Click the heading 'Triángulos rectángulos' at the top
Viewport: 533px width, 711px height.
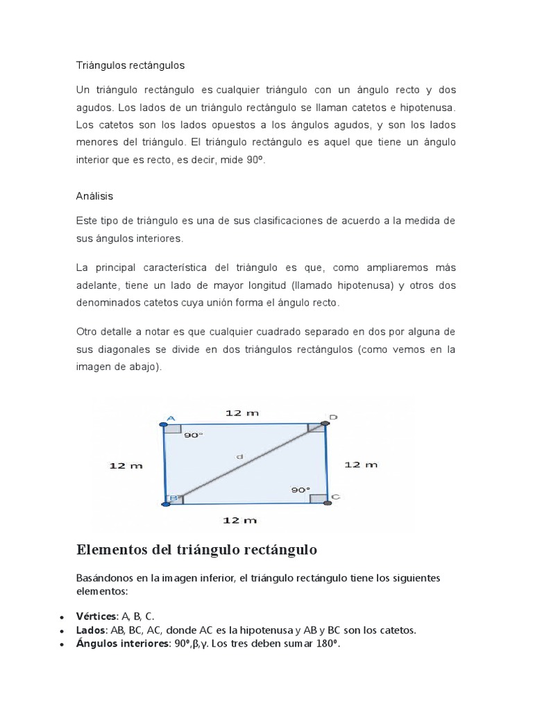(130, 65)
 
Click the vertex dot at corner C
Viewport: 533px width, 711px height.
(326, 502)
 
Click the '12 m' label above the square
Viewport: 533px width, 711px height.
(242, 412)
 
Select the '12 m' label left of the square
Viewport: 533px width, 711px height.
(125, 465)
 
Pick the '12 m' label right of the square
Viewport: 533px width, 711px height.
(361, 465)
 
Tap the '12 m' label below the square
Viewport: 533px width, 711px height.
(241, 519)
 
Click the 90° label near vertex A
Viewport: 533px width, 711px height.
(194, 435)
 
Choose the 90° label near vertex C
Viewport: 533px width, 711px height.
(300, 490)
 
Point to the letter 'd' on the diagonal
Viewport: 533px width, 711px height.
(239, 456)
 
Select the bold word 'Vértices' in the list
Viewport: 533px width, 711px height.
(96, 616)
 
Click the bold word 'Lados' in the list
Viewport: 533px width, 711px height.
(90, 630)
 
